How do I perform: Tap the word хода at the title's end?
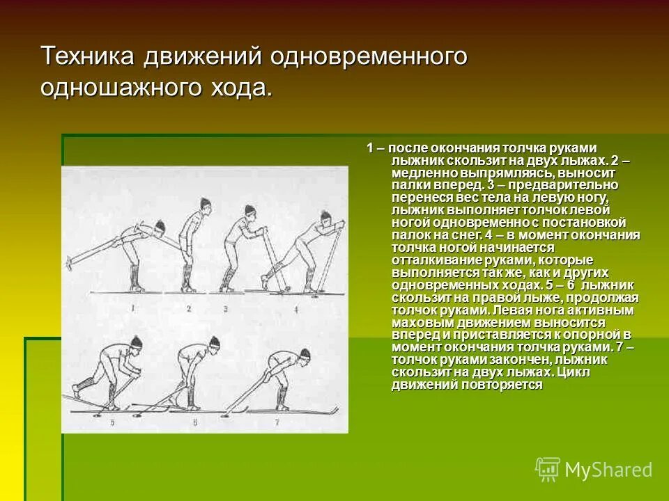(238, 88)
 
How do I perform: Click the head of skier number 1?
(160, 227)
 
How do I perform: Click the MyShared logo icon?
(548, 470)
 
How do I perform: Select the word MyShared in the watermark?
(608, 470)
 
